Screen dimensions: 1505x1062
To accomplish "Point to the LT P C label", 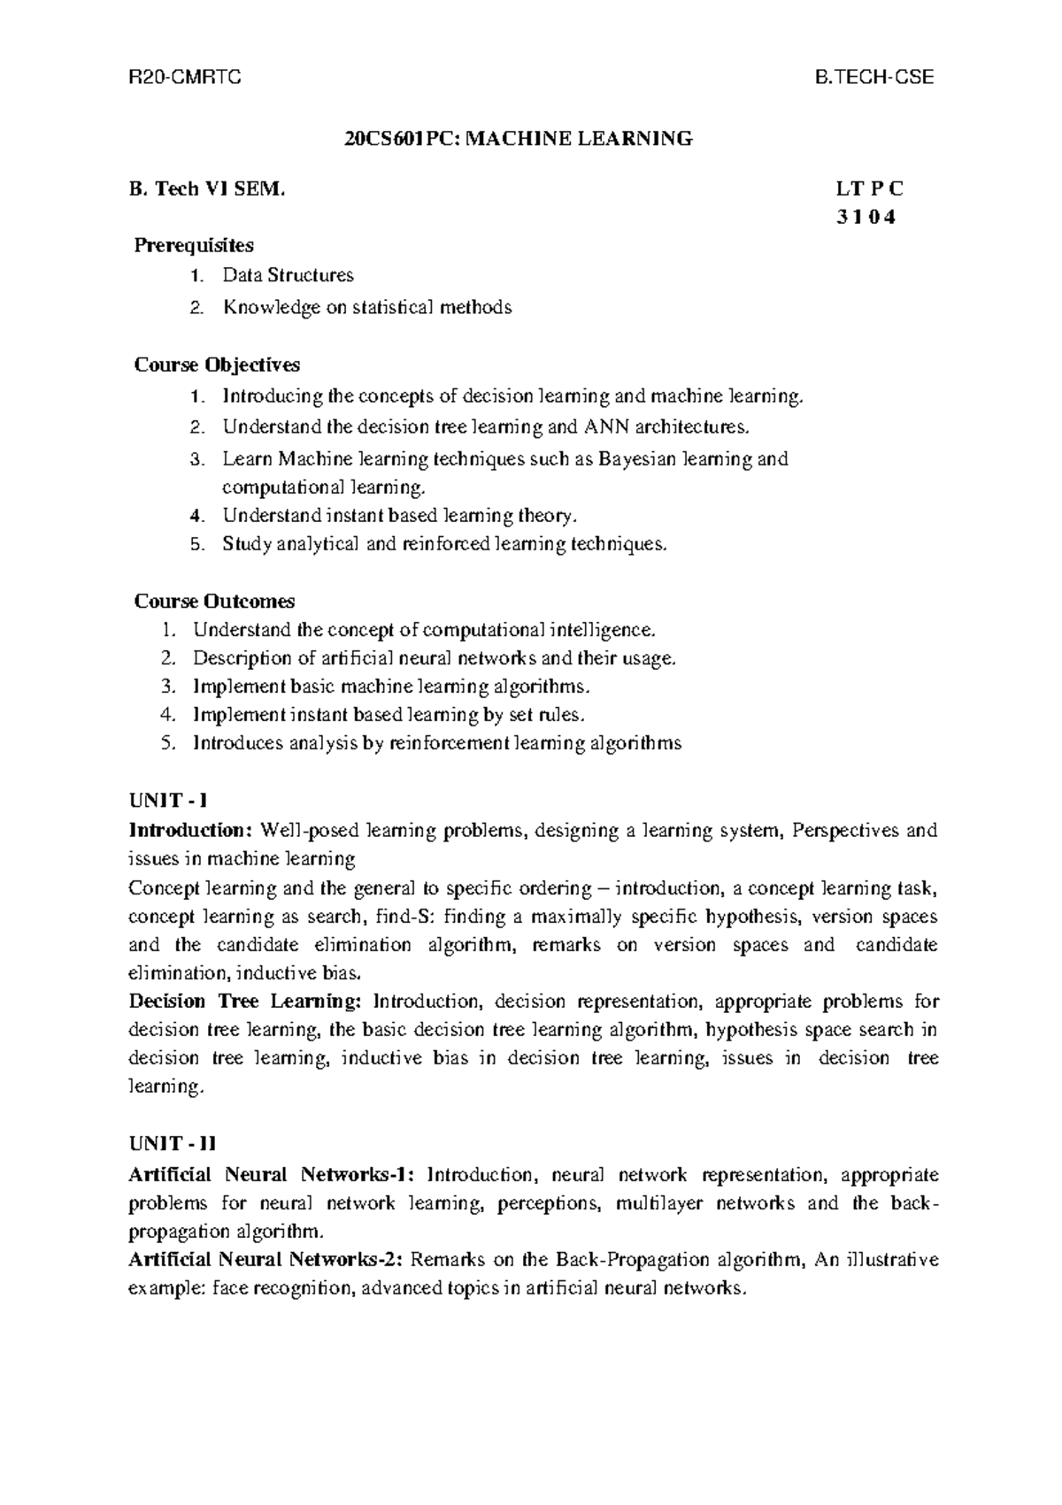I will [x=869, y=188].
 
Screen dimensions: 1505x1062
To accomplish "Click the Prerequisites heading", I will [x=194, y=244].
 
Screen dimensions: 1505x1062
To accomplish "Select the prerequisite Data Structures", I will [x=288, y=275].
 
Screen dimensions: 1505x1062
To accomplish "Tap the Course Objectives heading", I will [x=217, y=365].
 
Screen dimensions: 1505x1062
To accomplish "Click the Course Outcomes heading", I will [x=214, y=602].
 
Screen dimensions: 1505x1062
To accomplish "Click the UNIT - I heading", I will [x=168, y=801].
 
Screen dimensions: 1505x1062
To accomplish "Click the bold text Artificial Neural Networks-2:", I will [x=266, y=1259].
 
